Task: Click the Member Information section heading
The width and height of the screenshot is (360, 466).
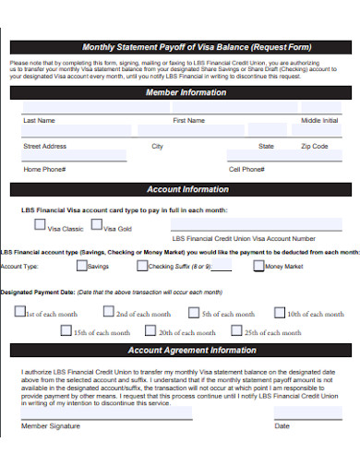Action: pos(185,93)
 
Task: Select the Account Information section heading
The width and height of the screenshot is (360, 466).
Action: pos(187,189)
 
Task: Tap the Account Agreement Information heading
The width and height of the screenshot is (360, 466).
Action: pos(191,351)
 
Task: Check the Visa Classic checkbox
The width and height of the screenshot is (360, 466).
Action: pos(40,225)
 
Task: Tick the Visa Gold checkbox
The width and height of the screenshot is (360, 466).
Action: pos(97,225)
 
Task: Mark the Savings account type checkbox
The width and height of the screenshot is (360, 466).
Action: pos(81,266)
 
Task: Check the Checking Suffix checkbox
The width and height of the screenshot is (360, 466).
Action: pos(141,266)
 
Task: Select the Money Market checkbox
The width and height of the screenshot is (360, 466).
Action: pos(258,266)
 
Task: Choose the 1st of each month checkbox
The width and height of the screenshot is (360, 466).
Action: pos(20,312)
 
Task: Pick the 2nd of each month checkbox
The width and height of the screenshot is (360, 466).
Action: pos(110,312)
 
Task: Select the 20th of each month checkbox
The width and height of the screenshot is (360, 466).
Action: pos(150,330)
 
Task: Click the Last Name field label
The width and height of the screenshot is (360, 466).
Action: pos(39,121)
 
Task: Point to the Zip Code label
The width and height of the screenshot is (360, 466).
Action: pos(314,146)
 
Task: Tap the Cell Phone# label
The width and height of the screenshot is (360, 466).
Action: pos(246,170)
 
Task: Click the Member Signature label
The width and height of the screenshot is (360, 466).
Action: pos(51,425)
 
